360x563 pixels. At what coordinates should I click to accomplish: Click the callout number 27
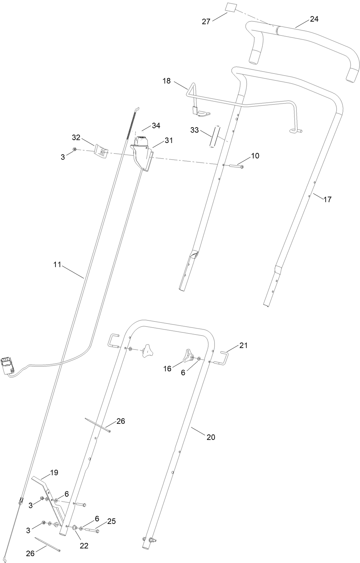point(206,21)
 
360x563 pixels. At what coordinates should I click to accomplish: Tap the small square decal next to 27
point(231,7)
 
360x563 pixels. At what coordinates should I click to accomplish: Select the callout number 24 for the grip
point(314,19)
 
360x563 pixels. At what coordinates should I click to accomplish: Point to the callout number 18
point(166,81)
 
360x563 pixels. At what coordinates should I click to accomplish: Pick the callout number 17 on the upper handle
point(327,199)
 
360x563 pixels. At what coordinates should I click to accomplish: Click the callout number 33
point(194,130)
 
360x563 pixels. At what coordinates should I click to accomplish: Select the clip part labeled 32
point(102,151)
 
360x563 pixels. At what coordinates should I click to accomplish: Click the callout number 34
point(156,126)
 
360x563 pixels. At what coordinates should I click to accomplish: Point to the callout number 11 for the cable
point(57,264)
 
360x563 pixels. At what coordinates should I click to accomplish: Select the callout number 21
point(243,346)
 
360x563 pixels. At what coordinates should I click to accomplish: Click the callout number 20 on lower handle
point(211,437)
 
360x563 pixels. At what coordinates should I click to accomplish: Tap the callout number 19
point(54,472)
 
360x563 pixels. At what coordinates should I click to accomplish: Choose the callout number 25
point(111,522)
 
